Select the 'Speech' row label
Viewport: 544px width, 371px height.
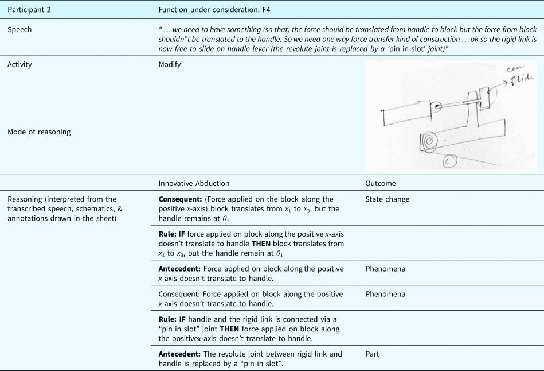point(19,30)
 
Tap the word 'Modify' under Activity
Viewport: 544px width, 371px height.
point(170,65)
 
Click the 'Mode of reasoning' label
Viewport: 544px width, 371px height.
point(39,132)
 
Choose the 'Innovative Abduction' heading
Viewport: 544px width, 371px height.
point(194,184)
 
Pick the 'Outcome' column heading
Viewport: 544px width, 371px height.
point(380,184)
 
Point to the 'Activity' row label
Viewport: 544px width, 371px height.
point(20,65)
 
